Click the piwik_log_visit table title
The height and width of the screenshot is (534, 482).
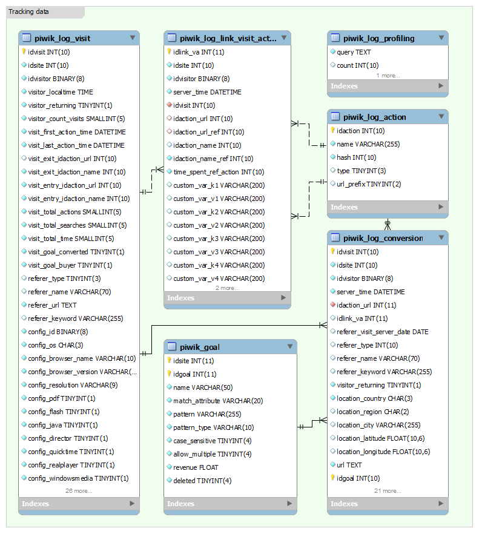[62, 38]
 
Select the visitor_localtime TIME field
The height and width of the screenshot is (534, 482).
[61, 92]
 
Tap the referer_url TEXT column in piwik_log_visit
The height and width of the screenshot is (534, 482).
[52, 305]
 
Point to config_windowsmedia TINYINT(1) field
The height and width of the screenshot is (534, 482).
[78, 478]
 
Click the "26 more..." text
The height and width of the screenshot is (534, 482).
[79, 491]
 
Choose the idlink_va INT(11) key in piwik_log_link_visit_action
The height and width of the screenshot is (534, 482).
[199, 52]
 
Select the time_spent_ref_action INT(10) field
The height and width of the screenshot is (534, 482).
[219, 172]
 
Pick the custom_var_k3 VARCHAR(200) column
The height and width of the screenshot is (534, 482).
[219, 239]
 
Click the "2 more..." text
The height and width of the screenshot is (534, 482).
[227, 288]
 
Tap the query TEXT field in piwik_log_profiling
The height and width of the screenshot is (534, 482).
[354, 52]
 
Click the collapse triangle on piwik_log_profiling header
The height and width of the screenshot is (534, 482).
[441, 38]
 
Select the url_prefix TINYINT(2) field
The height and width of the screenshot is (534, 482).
[369, 184]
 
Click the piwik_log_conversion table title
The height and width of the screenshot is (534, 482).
[383, 238]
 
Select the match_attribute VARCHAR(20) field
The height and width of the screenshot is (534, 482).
[218, 401]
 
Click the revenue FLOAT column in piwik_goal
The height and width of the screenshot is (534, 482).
[196, 467]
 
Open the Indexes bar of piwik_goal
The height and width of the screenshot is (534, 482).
[230, 504]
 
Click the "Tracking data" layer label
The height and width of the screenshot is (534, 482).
[29, 12]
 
